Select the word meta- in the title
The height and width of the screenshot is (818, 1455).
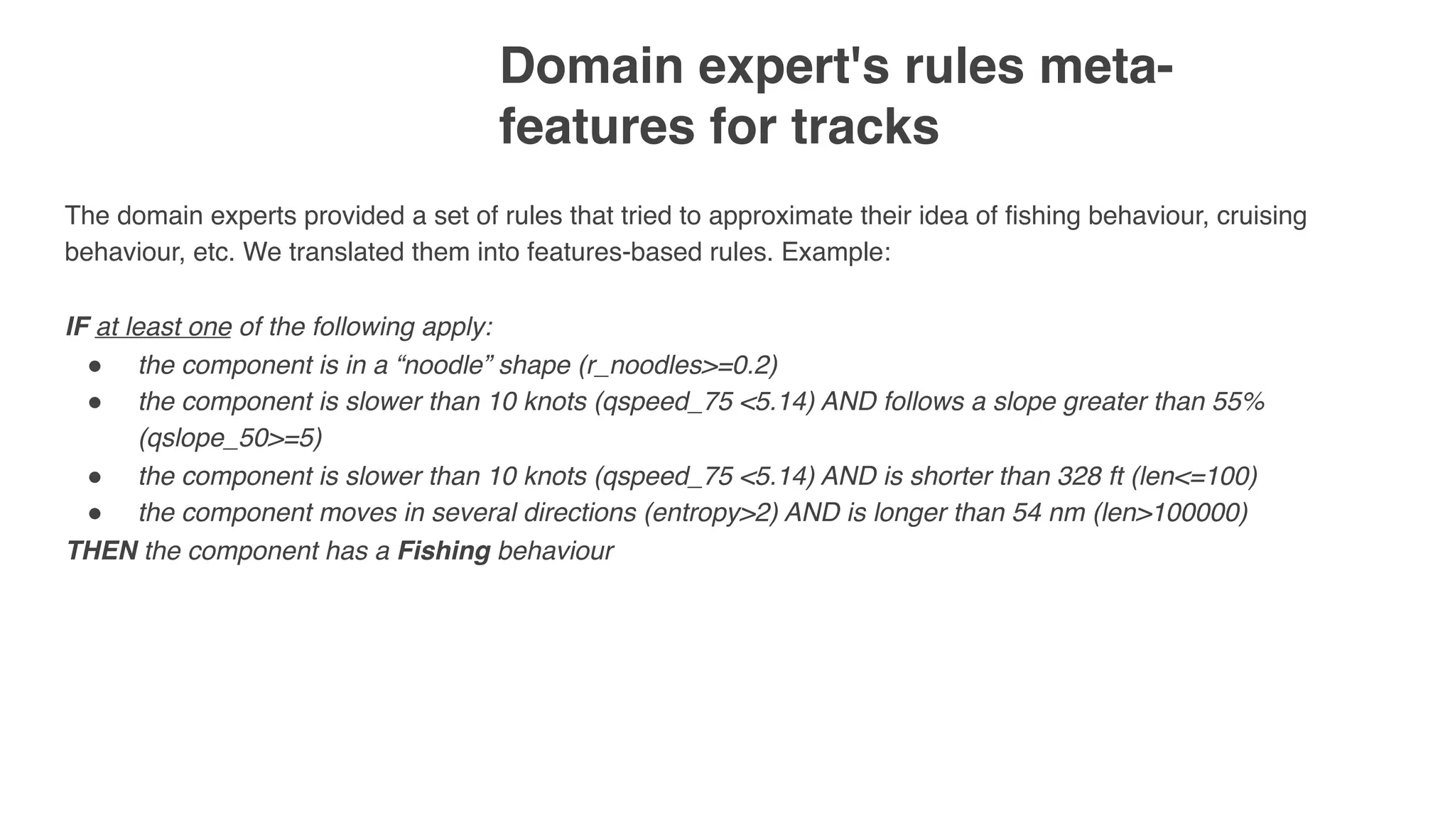(x=1098, y=65)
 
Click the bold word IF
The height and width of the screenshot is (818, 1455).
(x=77, y=327)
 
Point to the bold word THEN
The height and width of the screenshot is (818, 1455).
(x=102, y=551)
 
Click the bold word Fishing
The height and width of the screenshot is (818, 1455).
(x=443, y=551)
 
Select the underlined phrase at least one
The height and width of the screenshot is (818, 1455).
(x=163, y=327)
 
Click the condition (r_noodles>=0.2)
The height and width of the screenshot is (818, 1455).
(x=678, y=365)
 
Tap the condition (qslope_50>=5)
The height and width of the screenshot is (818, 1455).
(x=230, y=439)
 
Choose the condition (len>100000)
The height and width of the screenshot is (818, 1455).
(x=1170, y=513)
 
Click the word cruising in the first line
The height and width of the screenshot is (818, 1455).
(x=1261, y=216)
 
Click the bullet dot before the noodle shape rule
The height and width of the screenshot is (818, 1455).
(x=94, y=366)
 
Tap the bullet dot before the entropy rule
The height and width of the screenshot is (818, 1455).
(x=94, y=513)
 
